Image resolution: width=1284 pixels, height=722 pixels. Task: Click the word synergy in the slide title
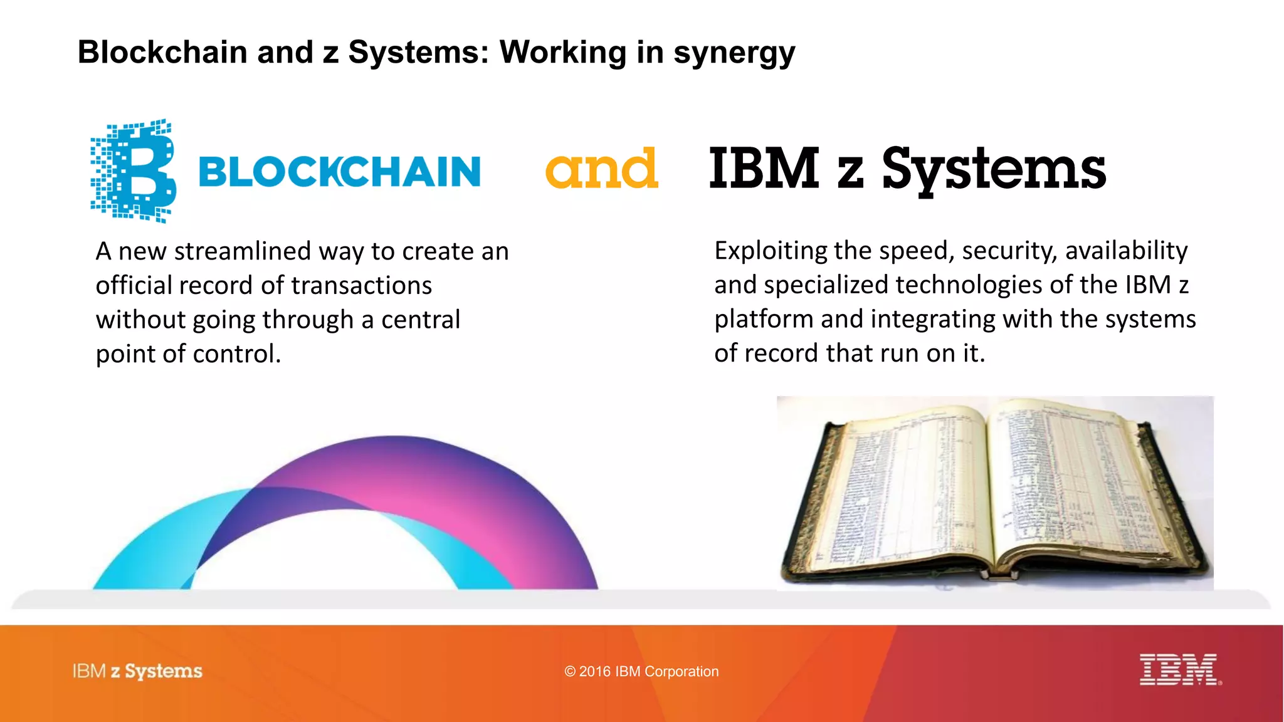click(734, 53)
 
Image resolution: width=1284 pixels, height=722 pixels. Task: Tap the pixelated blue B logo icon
click(134, 170)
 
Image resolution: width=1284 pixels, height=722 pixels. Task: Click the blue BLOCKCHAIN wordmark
click(339, 172)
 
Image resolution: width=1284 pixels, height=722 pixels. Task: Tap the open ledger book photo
click(994, 493)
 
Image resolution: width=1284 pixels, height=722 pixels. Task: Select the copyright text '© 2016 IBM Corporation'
click(641, 672)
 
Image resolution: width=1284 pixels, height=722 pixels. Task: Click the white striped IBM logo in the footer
click(1179, 669)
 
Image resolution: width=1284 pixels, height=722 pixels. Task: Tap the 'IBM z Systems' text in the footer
click(137, 671)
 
